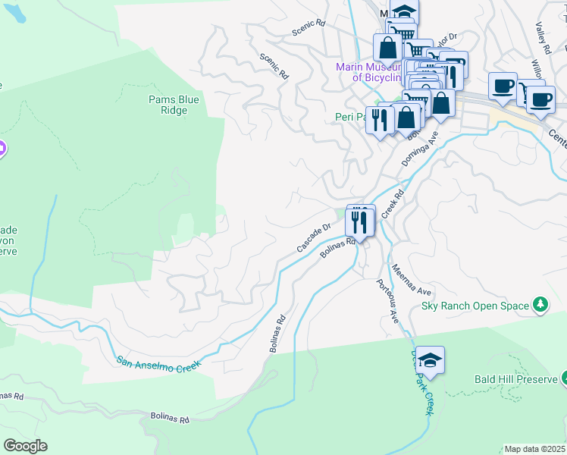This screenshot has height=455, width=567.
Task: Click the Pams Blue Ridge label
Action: click(x=168, y=105)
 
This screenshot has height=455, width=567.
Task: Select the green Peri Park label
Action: click(x=350, y=117)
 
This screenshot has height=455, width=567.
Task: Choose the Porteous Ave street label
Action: click(x=387, y=302)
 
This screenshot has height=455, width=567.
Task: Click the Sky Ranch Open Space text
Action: click(x=475, y=306)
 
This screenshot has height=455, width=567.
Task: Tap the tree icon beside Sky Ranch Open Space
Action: click(x=540, y=305)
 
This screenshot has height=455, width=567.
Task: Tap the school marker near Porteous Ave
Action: click(x=430, y=361)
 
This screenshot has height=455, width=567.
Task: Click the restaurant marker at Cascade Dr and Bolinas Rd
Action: click(x=359, y=221)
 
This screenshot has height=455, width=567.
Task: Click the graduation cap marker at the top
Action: click(x=405, y=12)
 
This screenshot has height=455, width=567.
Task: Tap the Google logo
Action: click(x=25, y=446)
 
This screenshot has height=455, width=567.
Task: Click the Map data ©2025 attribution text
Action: click(x=534, y=449)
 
